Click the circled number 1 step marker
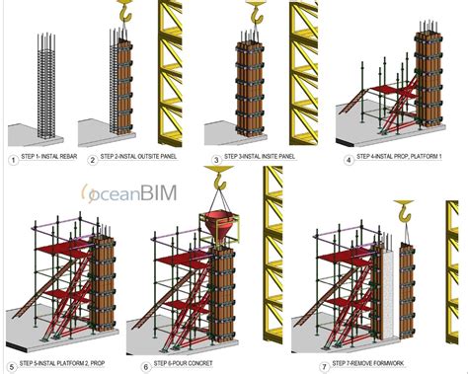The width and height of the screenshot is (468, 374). tap(13, 160)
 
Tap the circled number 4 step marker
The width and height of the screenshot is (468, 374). tap(349, 160)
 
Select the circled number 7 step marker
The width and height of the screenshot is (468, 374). tap(325, 367)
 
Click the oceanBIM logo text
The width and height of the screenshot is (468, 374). tap(129, 193)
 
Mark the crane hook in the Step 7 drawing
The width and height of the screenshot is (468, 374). tap(405, 211)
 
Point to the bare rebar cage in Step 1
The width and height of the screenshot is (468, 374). tap(46, 85)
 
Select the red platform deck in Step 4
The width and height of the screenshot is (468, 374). tap(392, 91)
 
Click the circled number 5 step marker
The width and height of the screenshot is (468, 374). tap(12, 367)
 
